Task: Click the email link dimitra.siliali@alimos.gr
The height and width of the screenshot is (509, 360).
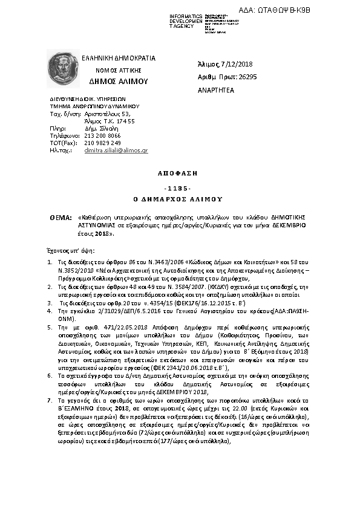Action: click(x=116, y=150)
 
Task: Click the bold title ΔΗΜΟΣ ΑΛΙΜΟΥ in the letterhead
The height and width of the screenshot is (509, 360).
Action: click(x=114, y=80)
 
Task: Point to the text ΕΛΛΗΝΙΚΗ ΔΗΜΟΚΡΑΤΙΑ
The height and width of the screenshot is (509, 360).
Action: click(x=119, y=59)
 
